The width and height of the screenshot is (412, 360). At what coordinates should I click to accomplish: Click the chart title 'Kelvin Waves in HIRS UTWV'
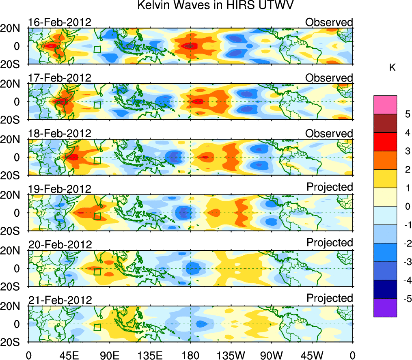coord(215,6)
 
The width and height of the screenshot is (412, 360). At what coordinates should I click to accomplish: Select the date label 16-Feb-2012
coord(60,22)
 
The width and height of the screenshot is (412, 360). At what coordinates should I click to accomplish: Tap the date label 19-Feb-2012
coord(60,189)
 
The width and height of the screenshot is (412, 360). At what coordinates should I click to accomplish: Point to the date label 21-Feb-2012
coord(60,300)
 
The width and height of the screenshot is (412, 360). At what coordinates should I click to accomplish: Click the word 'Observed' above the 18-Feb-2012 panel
coord(329,133)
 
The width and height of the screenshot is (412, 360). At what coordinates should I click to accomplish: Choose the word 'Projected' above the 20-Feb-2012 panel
coord(330,243)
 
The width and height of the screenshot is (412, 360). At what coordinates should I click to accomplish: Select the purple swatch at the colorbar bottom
coord(385,308)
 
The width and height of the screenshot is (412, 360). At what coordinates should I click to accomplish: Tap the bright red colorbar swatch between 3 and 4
coord(385,142)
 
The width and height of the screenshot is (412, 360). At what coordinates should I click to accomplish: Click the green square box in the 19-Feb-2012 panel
coord(97,216)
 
